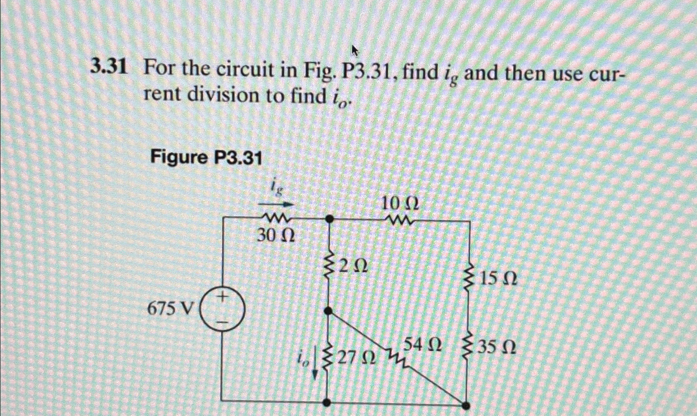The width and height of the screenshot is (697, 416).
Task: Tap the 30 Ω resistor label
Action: [x=276, y=236]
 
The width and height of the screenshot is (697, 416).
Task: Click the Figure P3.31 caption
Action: [x=206, y=158]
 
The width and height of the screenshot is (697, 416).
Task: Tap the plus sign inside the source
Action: [x=222, y=296]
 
